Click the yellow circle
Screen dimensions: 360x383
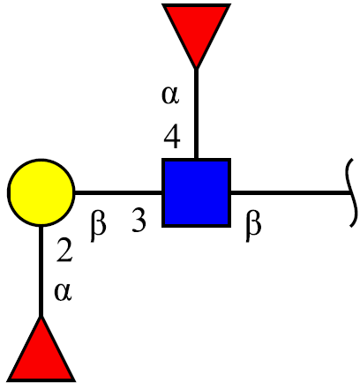pos(41,192)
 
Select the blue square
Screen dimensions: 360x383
pos(196,192)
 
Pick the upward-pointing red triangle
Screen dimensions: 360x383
pos(41,350)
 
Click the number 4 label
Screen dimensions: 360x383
pos(172,138)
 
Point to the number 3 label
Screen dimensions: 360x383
pos(139,220)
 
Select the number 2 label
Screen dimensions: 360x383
pos(64,250)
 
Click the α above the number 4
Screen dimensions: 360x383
pos(170,96)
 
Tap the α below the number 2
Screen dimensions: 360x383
pos(63,292)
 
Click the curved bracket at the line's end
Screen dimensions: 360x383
pos(353,192)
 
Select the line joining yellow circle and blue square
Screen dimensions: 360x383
pos(118,192)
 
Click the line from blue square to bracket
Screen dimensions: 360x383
pos(290,192)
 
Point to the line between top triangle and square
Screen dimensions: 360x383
pos(196,114)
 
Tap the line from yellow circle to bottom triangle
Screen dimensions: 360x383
pos(41,271)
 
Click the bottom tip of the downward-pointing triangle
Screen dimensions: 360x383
pos(196,69)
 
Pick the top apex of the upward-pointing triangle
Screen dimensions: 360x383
pos(41,317)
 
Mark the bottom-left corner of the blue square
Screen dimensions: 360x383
pos(162,227)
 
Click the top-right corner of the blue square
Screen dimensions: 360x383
pos(230,159)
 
